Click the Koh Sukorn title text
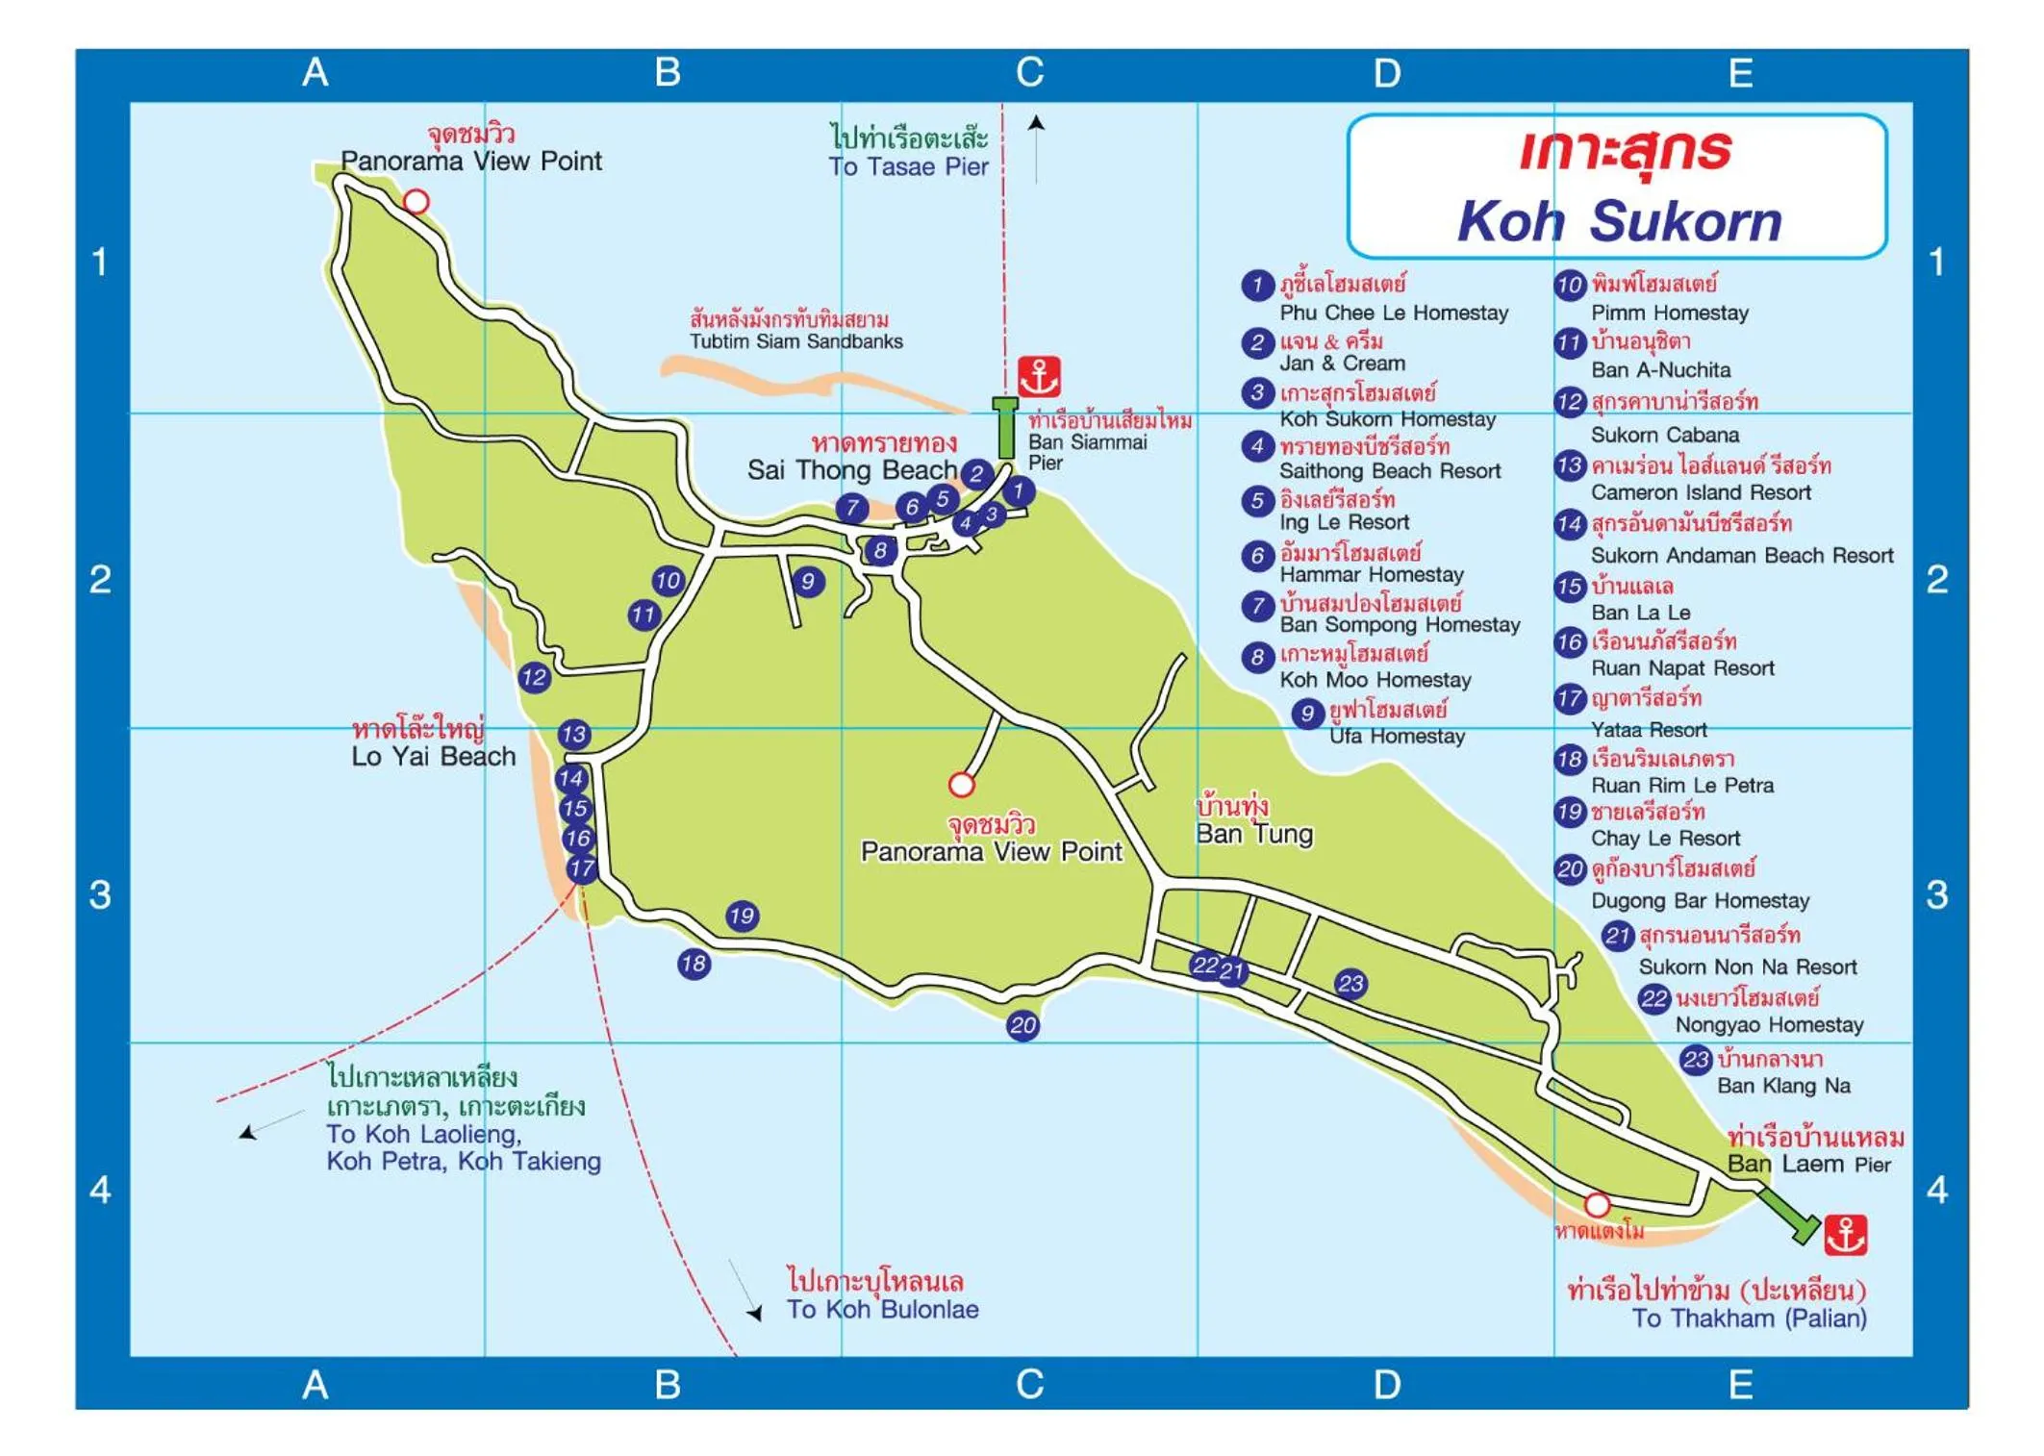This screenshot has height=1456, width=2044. tap(1619, 221)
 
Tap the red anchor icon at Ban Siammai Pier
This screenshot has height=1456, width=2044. tap(1039, 376)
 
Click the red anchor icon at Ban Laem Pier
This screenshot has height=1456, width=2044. tap(1845, 1235)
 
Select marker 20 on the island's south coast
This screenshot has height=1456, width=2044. tap(1022, 1025)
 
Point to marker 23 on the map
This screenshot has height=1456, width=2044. tap(1350, 983)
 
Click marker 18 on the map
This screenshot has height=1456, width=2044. tap(694, 964)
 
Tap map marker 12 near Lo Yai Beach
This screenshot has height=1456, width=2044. tap(534, 677)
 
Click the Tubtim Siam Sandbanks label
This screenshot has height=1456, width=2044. tap(795, 341)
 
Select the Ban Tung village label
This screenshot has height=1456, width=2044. tap(1253, 834)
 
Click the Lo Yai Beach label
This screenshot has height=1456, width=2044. tap(433, 756)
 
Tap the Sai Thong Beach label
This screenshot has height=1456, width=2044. tap(851, 469)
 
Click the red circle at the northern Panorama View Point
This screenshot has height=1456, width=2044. tap(416, 201)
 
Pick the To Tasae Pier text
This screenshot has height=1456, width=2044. tap(908, 166)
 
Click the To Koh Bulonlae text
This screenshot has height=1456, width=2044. tap(882, 1309)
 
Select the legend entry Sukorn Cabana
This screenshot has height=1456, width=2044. tap(1664, 435)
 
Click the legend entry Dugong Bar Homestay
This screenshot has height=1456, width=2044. tap(1699, 900)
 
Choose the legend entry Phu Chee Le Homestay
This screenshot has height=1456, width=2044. tap(1393, 313)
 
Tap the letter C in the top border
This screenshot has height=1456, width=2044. tap(1029, 72)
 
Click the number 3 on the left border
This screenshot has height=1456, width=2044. tap(100, 894)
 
